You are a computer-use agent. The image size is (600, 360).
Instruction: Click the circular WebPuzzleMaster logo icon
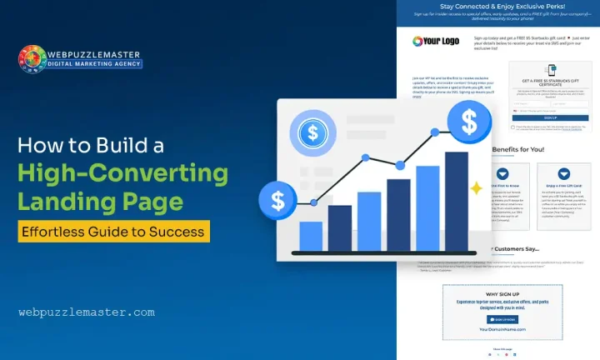point(32,60)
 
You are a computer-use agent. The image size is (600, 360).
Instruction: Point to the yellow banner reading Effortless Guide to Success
point(114,229)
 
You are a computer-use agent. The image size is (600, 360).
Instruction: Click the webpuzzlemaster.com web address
point(87,312)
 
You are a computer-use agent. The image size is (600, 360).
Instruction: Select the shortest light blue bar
point(311,234)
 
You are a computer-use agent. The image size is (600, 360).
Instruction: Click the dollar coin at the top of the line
point(464,123)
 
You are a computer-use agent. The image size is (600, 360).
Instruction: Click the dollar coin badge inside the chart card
point(312,133)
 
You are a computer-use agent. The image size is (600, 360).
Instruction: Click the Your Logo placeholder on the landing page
point(435,41)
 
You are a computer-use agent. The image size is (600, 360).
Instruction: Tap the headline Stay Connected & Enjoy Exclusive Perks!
point(497,6)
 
